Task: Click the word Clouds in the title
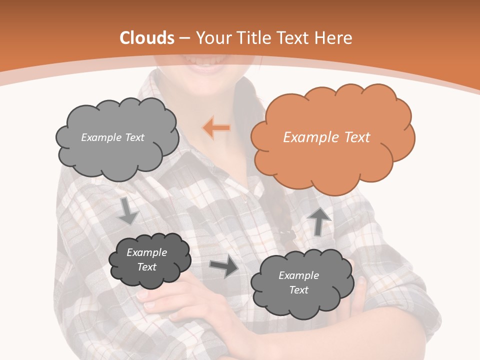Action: tap(147, 38)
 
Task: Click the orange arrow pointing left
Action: tap(216, 128)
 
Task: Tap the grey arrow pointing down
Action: tap(128, 210)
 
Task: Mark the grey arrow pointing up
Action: tap(318, 221)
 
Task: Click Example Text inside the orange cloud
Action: tap(326, 137)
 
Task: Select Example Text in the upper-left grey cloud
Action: tap(112, 137)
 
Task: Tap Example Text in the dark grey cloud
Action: tap(146, 259)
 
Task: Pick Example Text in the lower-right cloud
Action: tap(298, 282)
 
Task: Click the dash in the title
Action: tap(184, 38)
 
